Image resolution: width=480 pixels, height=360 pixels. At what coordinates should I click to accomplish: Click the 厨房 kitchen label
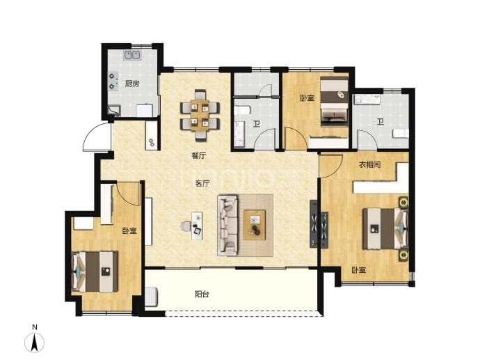tap(132, 84)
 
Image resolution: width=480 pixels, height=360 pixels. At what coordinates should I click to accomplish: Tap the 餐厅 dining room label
tap(199, 156)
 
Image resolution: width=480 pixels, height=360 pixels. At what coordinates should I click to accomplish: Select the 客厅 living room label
tap(202, 184)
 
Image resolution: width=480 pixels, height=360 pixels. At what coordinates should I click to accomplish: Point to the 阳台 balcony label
tap(202, 295)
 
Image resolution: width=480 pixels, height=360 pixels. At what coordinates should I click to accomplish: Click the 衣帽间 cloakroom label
tap(370, 164)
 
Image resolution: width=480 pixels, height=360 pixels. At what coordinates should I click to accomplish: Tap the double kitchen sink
tap(132, 55)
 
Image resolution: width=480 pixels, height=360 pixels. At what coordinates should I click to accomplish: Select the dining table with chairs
tap(200, 115)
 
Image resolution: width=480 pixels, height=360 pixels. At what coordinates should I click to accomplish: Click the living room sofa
tap(227, 225)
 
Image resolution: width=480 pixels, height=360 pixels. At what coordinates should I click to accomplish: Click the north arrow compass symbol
tap(34, 342)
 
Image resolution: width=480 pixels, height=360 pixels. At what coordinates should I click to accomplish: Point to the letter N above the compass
tap(35, 327)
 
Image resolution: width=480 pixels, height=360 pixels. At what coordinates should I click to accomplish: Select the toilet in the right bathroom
tap(401, 133)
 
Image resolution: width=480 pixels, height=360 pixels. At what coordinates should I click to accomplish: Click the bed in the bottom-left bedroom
tap(95, 272)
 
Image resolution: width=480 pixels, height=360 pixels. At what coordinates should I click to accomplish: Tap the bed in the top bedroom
tap(335, 102)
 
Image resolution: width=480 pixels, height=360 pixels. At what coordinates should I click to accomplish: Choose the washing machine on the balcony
tap(151, 297)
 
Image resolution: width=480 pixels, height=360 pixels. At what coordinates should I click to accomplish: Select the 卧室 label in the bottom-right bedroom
tap(358, 270)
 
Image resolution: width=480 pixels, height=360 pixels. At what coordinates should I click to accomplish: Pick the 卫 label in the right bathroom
tap(381, 123)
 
